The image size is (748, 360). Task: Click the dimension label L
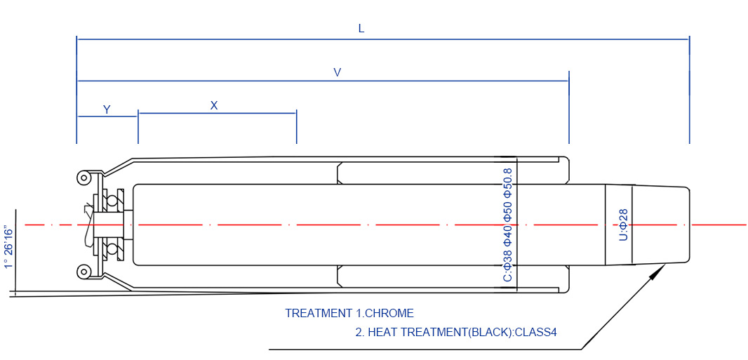[x=361, y=29]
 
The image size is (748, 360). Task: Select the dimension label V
[x=338, y=72]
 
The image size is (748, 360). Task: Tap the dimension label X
[x=214, y=105]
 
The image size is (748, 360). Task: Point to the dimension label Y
[x=107, y=109]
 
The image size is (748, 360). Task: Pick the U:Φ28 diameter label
[x=623, y=225]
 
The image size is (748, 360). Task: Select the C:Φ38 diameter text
[x=508, y=267]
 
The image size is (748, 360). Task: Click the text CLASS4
[x=535, y=332]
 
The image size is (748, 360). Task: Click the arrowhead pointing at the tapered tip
[x=657, y=273]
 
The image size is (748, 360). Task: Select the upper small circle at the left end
[x=84, y=178]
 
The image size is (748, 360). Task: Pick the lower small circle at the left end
[x=84, y=271]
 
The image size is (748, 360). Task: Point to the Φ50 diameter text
[x=508, y=211]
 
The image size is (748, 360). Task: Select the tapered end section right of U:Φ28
[x=660, y=225]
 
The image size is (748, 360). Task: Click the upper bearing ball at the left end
[x=112, y=201]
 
